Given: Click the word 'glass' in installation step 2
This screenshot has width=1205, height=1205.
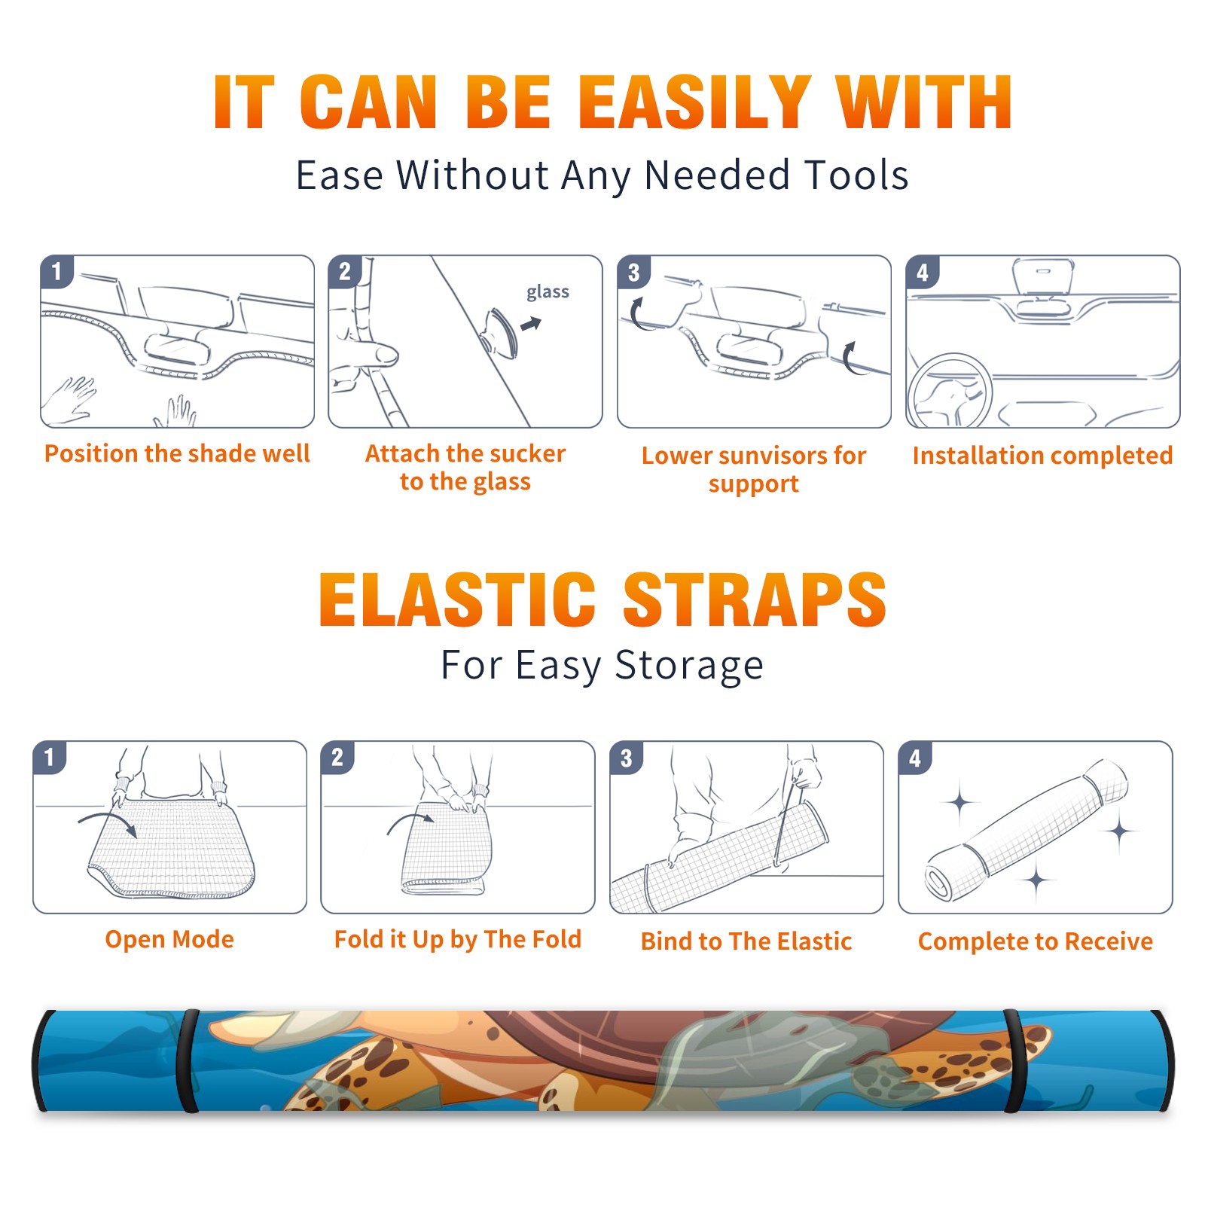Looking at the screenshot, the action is (x=548, y=292).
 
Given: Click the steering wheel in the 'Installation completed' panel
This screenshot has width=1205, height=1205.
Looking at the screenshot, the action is (x=949, y=391).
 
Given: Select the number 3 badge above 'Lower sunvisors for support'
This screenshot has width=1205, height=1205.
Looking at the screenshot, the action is (x=633, y=272).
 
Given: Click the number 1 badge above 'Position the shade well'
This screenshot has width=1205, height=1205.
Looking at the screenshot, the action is (x=56, y=271).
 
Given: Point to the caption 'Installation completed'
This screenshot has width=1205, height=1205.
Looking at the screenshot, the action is (x=1042, y=455).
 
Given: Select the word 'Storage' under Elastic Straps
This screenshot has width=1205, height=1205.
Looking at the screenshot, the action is (x=689, y=666).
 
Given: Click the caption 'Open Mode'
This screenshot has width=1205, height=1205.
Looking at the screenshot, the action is (x=169, y=939).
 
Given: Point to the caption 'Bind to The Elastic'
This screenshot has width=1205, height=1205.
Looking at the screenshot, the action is (x=746, y=941).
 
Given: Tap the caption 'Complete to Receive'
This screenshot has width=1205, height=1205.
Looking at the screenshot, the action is (x=1036, y=941).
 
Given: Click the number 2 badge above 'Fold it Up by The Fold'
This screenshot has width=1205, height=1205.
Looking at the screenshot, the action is (x=337, y=757).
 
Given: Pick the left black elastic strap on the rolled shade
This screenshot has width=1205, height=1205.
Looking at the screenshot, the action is (x=188, y=1060).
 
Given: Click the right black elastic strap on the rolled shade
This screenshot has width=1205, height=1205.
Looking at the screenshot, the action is (x=1013, y=1060).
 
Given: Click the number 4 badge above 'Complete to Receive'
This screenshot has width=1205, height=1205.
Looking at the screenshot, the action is (x=915, y=757).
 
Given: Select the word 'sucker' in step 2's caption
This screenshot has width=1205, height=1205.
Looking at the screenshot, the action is (x=528, y=453).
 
